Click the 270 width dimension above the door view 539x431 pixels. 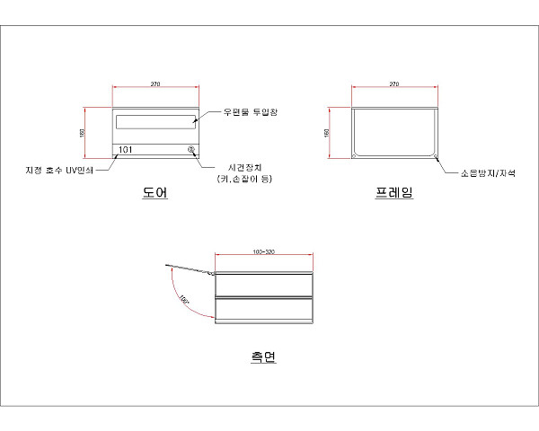155,84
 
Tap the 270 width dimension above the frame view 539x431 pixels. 393,84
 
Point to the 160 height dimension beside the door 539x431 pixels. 82,133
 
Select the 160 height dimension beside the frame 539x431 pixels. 326,133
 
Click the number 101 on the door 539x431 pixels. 127,149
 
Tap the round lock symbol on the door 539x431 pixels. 190,150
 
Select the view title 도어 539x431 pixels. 155,192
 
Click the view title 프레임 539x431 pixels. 393,192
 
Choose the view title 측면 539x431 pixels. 263,356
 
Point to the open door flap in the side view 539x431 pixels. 190,268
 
